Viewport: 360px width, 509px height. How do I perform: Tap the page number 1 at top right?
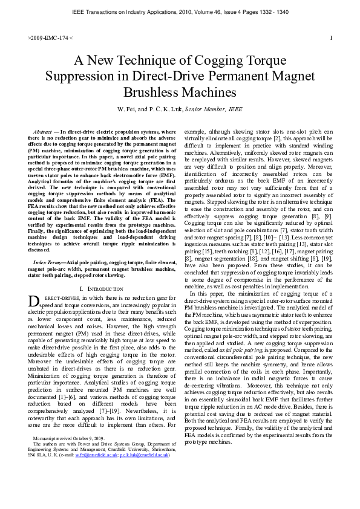click(331, 38)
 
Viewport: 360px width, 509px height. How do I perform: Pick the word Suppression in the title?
click(85, 76)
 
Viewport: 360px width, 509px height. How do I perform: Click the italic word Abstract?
click(42, 131)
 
